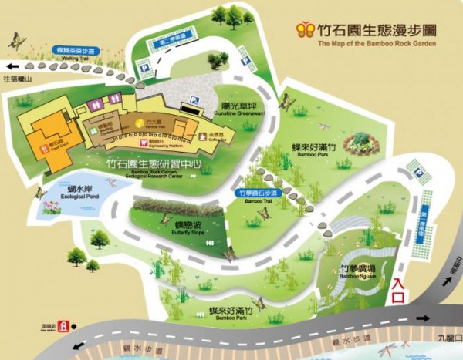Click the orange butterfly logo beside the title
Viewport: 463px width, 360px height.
point(306,29)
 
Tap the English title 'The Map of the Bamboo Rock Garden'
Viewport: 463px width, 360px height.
point(377,44)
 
